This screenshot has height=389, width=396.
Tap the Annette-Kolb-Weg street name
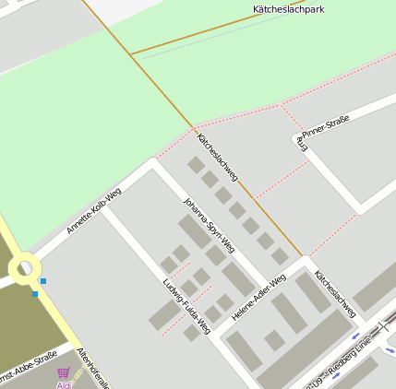93,212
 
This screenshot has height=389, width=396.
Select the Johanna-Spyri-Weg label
209,224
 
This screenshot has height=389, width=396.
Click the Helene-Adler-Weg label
258,297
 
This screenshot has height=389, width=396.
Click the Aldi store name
64,385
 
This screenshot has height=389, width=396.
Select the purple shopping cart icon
63,373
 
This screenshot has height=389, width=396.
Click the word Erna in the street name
300,140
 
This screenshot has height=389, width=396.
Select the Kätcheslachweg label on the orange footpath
218,157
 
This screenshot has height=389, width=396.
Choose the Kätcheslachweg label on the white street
335,294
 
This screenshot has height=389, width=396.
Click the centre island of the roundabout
25,269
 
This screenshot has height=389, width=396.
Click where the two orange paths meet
130,55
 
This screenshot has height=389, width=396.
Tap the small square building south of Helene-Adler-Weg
274,340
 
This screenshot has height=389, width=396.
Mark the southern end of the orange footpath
300,254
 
